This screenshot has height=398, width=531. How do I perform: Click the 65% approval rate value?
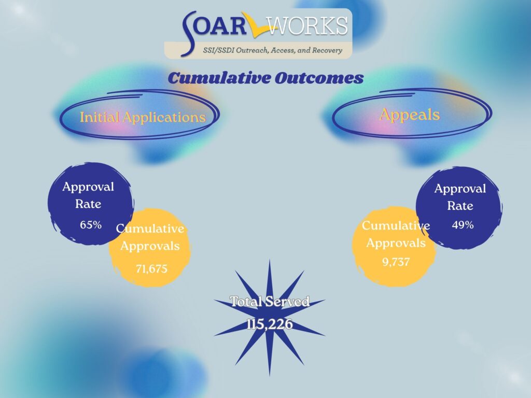[x=91, y=225]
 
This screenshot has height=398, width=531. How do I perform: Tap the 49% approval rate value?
[x=463, y=225]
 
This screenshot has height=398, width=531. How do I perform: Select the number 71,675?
[x=151, y=269]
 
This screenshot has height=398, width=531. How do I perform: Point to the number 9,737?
[x=396, y=262]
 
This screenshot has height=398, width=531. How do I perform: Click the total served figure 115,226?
[x=270, y=324]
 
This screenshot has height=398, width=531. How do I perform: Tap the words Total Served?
[x=270, y=301]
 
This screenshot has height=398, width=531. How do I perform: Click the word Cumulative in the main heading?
[x=219, y=78]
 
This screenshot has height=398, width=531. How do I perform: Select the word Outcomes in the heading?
[x=319, y=78]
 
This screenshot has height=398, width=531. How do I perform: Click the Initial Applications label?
[x=143, y=117]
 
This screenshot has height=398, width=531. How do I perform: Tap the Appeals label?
[x=410, y=115]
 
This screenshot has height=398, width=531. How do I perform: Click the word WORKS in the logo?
[x=308, y=26]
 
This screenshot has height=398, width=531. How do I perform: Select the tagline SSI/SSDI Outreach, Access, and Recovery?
[x=272, y=50]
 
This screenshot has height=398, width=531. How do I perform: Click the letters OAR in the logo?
[x=220, y=25]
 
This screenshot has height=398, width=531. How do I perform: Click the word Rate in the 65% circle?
[x=88, y=204]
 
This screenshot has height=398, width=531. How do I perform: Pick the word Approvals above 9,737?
[x=396, y=243]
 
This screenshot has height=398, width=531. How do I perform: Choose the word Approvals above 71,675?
[x=150, y=246]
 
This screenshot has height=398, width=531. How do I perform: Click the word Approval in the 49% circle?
[x=460, y=189]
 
